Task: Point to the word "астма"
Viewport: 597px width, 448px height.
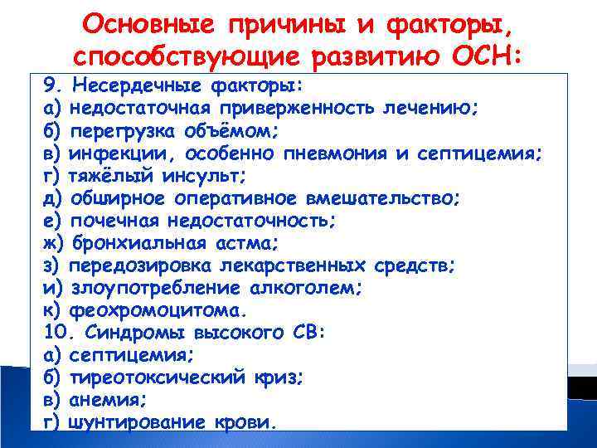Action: click(x=253, y=244)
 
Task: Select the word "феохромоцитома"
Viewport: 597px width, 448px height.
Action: click(x=158, y=312)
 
